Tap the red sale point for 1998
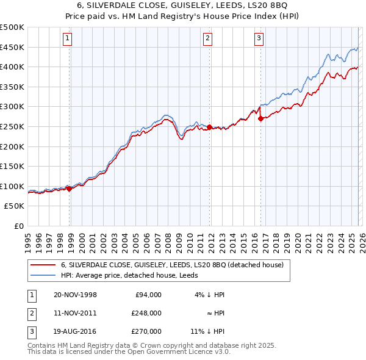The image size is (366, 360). [69, 189]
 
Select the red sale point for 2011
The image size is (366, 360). [209, 128]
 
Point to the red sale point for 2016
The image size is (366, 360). [260, 119]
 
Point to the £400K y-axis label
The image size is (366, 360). [12, 67]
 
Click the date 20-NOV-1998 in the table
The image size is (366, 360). [75, 295]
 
